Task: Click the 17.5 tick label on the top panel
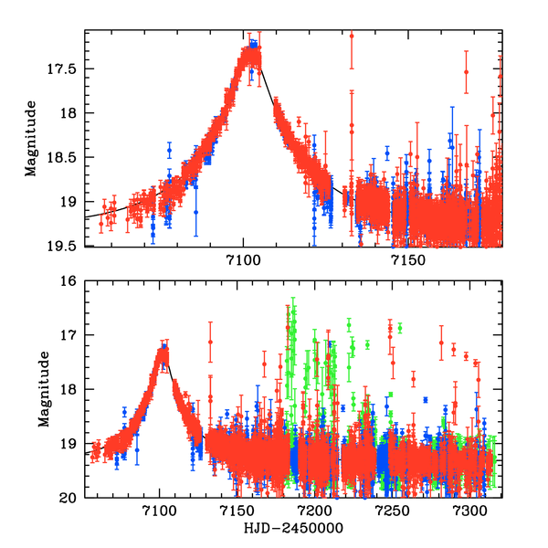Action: click(67, 68)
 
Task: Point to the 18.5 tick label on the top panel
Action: click(67, 157)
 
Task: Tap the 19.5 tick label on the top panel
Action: click(67, 246)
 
